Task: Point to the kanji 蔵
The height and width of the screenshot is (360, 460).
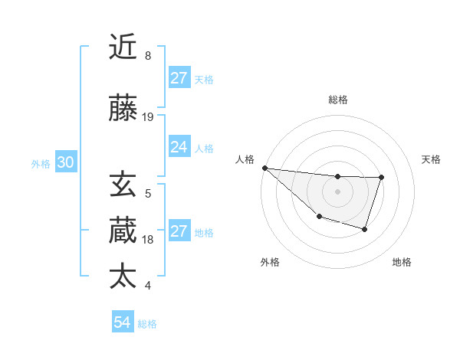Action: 123,231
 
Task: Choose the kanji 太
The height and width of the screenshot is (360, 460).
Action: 123,277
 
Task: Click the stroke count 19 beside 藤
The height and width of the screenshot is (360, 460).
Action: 148,117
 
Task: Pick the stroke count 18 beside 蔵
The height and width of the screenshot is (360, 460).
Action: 148,240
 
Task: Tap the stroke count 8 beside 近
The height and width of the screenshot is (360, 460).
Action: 148,56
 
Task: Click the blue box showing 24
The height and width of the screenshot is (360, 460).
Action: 179,147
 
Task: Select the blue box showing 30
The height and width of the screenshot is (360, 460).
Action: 65,163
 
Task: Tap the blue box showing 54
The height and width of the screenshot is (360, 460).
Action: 122,323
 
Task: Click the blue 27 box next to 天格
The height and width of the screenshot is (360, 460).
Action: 179,78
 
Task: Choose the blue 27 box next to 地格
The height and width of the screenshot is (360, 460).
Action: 179,231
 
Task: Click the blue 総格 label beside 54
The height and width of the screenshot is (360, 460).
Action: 147,324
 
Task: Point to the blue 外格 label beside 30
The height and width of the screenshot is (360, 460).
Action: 41,164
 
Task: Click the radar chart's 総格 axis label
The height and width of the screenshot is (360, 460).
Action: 337,100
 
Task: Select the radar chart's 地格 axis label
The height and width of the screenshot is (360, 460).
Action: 402,262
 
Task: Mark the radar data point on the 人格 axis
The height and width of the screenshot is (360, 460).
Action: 264,168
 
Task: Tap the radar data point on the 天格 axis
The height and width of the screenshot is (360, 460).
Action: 382,178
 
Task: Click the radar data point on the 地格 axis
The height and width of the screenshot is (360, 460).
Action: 365,229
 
